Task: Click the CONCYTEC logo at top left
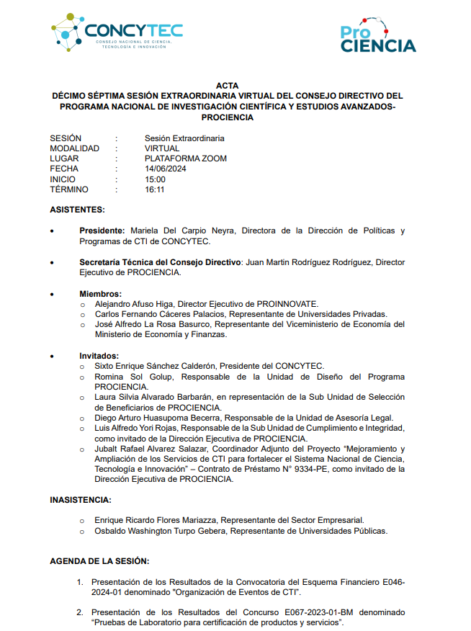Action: pos(117,32)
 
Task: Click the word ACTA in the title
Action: pos(227,85)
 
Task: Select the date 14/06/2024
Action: pos(166,169)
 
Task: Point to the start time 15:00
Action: pos(155,179)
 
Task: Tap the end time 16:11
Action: pos(155,190)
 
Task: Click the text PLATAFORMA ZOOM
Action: pos(185,158)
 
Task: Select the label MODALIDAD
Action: pos(74,148)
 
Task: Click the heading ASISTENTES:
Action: pos(77,210)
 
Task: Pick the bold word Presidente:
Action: pos(102,231)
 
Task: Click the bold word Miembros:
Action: pos(100,294)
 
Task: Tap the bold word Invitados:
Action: pos(99,356)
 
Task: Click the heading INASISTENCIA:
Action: pos(80,499)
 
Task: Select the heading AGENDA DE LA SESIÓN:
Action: pos(99,560)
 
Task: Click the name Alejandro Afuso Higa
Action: pos(135,304)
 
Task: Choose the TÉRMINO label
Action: pos(69,190)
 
